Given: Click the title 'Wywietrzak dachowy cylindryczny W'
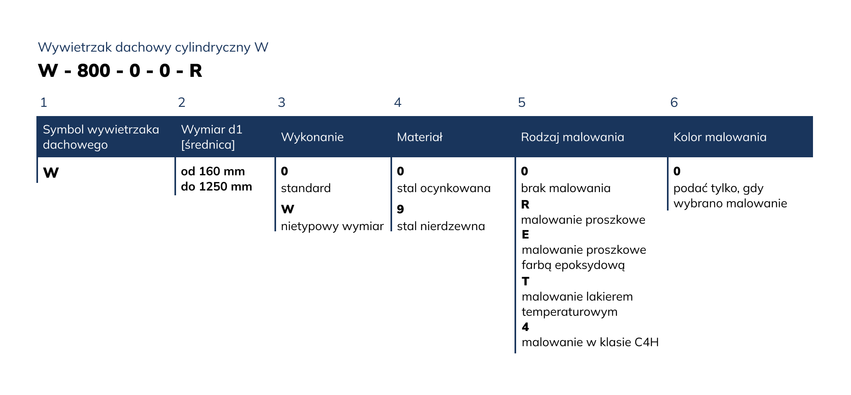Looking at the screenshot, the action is coord(153,48).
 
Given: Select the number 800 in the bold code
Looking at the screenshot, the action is coord(94,71).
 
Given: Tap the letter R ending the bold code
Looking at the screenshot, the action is coord(196,71).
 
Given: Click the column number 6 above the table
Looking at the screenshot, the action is coord(674,102).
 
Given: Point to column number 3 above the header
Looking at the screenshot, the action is coord(282,102).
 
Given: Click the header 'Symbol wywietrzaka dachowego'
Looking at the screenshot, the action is coord(101,137).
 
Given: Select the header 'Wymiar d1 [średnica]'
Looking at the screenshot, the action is coord(212,137).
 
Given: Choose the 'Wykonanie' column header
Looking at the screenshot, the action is coord(312,137).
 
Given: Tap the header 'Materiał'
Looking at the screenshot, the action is coord(420,137).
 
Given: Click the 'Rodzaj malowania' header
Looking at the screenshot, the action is coord(573,137).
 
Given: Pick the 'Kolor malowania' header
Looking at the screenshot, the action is coord(720,137).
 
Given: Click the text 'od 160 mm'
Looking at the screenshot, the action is coord(213,171).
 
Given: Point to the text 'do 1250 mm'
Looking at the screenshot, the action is coord(216,186).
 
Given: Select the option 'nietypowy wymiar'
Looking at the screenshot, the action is coord(332,227).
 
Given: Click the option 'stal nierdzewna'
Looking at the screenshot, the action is coord(441,226).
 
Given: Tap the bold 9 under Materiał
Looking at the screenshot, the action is coord(400,209).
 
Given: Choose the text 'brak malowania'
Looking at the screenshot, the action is coord(566,188).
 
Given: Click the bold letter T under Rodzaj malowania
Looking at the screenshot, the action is coord(525,281).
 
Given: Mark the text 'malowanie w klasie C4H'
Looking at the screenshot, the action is coord(590,342).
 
